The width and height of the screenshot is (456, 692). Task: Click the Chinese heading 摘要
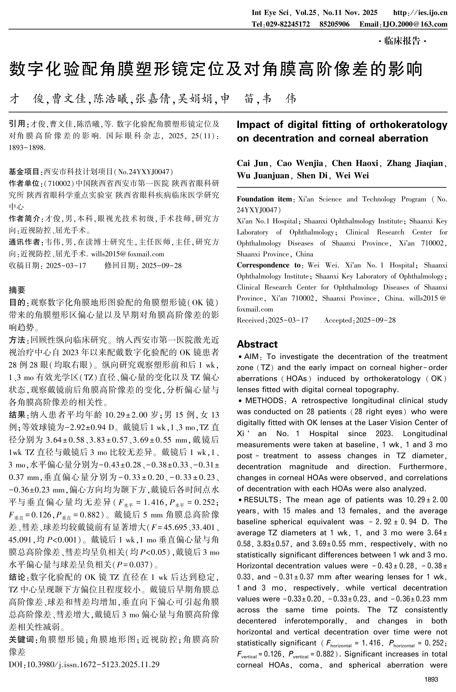tap(17, 290)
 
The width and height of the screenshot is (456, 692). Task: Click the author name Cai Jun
tap(252, 163)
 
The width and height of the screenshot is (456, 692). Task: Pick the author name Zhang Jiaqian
tap(415, 163)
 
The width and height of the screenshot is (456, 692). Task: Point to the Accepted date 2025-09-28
tap(376, 320)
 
